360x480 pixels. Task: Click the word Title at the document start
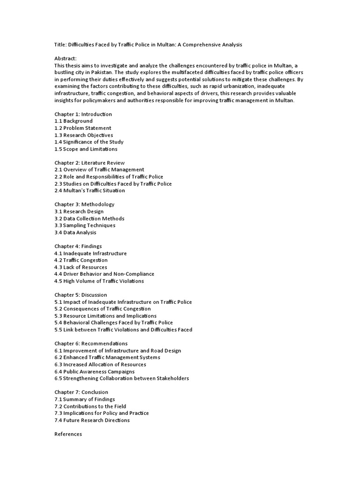(60, 45)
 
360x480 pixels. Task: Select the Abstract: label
(66, 59)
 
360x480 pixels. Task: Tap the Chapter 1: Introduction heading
(83, 114)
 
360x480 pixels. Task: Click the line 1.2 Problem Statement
(83, 128)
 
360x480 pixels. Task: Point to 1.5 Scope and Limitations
(86, 149)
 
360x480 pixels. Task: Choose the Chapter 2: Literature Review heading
(90, 163)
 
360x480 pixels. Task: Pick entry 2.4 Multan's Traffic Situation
(90, 191)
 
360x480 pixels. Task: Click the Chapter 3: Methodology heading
(84, 204)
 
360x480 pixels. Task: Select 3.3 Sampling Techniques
(85, 225)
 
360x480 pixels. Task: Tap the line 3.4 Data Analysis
(75, 232)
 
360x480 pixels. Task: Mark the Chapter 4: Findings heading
(78, 246)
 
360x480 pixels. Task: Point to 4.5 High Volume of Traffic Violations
(99, 281)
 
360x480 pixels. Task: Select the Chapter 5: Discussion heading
(81, 295)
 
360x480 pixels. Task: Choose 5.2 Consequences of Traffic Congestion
(103, 309)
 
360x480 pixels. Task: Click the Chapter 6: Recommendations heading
(91, 344)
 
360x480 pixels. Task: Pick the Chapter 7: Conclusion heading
(81, 392)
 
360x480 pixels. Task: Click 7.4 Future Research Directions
(92, 420)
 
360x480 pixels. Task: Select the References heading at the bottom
(68, 435)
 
